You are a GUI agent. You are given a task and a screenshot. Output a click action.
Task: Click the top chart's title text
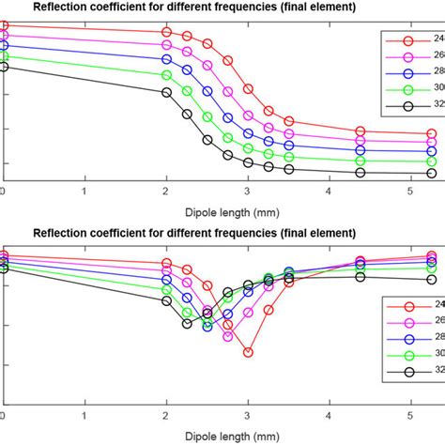(x=194, y=8)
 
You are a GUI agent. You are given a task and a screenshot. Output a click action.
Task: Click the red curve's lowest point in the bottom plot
(x=248, y=353)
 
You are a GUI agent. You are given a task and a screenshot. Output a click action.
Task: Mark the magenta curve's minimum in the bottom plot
(x=228, y=336)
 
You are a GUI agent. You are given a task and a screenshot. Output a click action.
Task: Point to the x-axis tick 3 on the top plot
(x=248, y=191)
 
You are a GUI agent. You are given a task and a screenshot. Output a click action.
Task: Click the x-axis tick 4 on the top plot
(x=329, y=191)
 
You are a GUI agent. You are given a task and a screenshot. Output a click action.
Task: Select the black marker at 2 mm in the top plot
(x=166, y=92)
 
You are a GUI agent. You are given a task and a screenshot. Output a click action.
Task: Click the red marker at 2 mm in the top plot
(x=166, y=31)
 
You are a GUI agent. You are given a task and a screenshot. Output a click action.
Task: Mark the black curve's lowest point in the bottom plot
(x=187, y=324)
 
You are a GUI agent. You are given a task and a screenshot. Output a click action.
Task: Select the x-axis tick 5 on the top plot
(x=409, y=191)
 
